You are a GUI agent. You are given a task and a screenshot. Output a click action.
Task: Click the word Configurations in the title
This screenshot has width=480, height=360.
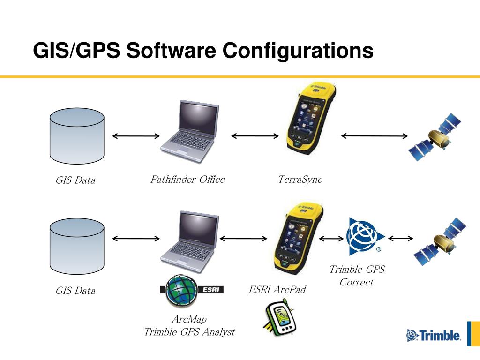click(298, 51)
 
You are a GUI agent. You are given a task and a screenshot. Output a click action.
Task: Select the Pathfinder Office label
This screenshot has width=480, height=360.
click(187, 179)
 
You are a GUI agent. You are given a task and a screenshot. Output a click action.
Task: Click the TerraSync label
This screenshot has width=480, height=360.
click(300, 180)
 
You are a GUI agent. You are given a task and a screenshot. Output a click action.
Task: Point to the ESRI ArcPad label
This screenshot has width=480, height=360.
click(277, 289)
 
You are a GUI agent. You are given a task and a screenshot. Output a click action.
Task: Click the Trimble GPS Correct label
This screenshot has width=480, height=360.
click(357, 276)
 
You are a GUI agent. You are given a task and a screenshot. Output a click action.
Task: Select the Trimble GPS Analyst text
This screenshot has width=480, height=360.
click(189, 332)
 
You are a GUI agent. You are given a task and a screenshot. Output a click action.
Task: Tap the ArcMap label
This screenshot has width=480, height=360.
click(189, 319)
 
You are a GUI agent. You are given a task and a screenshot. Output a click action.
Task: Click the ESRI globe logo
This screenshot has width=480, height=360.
click(192, 290)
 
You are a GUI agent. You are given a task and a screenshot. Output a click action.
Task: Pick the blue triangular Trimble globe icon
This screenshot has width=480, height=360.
click(365, 236)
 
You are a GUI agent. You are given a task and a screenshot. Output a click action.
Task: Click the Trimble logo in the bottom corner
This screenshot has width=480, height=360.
click(434, 335)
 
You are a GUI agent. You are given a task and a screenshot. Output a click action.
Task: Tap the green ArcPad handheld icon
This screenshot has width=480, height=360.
click(279, 318)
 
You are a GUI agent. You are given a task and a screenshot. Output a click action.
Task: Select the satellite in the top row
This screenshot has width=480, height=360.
click(435, 137)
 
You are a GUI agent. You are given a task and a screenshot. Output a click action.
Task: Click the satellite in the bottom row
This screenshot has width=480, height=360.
click(440, 241)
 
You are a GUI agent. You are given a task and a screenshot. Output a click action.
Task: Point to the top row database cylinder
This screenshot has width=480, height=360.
click(77, 136)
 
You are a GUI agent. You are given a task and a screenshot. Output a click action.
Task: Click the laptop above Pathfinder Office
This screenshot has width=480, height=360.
click(190, 132)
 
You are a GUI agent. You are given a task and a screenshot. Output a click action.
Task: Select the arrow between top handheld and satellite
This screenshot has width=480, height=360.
click(375, 136)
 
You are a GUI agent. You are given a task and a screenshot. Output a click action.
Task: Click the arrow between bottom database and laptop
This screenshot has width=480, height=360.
click(136, 239)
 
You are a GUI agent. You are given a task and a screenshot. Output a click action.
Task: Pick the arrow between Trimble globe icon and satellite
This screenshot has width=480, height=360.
click(400, 239)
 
